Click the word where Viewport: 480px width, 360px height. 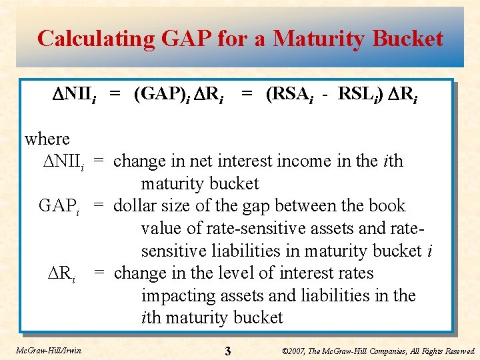(x=47, y=139)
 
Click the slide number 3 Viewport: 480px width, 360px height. (x=227, y=351)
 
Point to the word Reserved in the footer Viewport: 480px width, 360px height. (x=457, y=351)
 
